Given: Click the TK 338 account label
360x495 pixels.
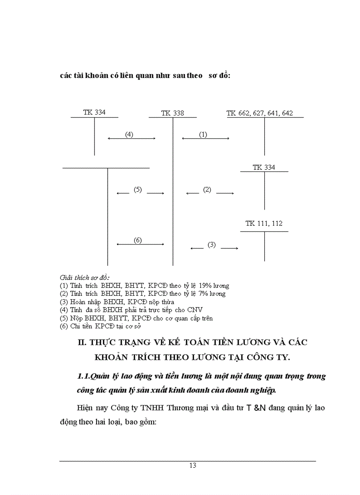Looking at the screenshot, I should pyautogui.click(x=172, y=113).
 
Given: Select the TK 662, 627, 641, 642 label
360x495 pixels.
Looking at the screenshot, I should pyautogui.click(x=259, y=113).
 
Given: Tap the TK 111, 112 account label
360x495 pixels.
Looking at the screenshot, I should pyautogui.click(x=264, y=223).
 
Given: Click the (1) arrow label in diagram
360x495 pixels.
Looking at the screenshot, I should pyautogui.click(x=203, y=134).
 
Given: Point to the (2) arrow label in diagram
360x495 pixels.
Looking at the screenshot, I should pyautogui.click(x=207, y=190).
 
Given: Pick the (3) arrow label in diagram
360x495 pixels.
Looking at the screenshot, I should pyautogui.click(x=212, y=245).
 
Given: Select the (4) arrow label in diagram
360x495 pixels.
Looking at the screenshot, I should pyautogui.click(x=129, y=134).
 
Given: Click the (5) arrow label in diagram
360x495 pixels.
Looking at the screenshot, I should pyautogui.click(x=138, y=190).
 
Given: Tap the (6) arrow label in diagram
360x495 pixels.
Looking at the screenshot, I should pyautogui.click(x=138, y=240).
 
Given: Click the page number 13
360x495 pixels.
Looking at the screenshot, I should pyautogui.click(x=192, y=465).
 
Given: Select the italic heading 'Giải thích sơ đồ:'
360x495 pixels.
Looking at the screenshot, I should pyautogui.click(x=84, y=278).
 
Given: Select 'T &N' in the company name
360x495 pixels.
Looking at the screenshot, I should pyautogui.click(x=256, y=407).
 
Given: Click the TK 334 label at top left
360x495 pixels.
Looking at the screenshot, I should pyautogui.click(x=94, y=112).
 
